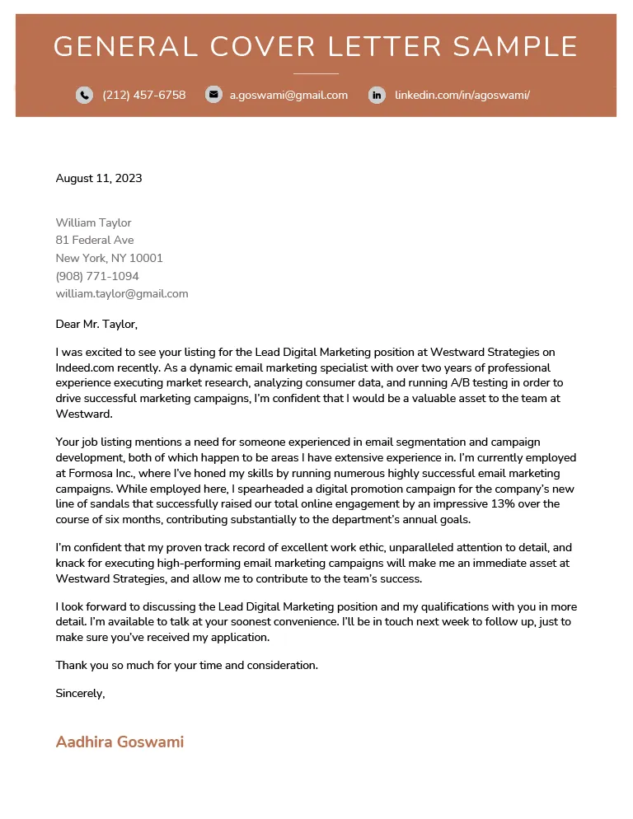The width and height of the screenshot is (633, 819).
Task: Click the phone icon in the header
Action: (x=84, y=95)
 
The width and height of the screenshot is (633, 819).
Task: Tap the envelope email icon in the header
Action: (x=213, y=95)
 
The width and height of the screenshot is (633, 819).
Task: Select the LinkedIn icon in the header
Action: (x=377, y=95)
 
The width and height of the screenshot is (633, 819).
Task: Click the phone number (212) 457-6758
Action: (x=144, y=95)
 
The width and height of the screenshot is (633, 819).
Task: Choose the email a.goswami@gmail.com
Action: (x=288, y=95)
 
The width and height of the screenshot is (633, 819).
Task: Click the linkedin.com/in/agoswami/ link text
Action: (x=462, y=95)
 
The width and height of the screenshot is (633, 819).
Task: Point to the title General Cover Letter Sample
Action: (x=316, y=46)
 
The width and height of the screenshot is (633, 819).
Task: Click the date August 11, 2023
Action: (x=99, y=178)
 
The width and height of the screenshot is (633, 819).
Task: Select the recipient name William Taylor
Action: (x=93, y=222)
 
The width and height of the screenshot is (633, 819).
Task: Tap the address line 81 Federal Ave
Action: (x=95, y=240)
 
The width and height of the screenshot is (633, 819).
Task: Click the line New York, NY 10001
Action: (x=109, y=258)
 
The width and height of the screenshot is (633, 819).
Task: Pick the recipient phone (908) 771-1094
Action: (x=97, y=276)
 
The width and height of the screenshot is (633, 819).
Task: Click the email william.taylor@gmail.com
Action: (x=122, y=293)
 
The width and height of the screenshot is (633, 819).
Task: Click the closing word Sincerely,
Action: (x=80, y=693)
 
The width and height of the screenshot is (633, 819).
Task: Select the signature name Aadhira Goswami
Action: (x=120, y=742)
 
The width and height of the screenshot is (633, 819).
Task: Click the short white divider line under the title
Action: (x=316, y=73)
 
